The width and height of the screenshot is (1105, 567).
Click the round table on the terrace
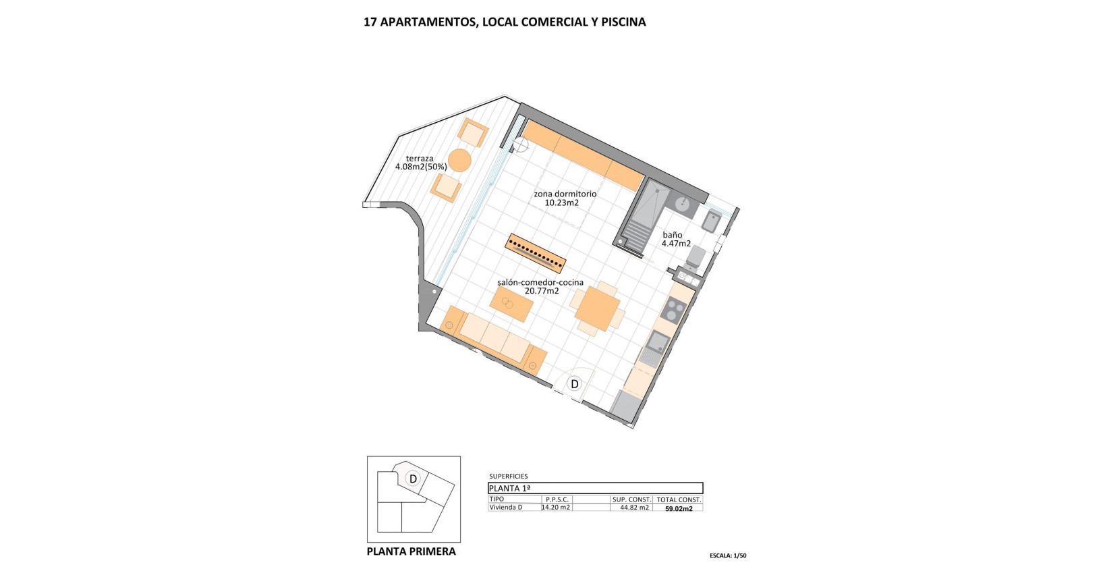[459, 161]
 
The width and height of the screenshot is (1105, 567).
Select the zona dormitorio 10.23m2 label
[565, 198]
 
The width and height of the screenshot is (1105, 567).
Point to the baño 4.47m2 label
[676, 240]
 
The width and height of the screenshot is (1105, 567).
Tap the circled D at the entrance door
[575, 384]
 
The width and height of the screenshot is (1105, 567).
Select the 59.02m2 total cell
[679, 509]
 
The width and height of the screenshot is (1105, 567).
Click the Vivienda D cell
[506, 508]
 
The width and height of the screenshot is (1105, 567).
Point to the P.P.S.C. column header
[558, 500]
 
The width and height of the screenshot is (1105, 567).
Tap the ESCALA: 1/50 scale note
[728, 556]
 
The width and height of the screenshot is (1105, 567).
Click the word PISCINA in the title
[619, 22]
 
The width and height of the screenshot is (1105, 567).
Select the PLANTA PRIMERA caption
[411, 551]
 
